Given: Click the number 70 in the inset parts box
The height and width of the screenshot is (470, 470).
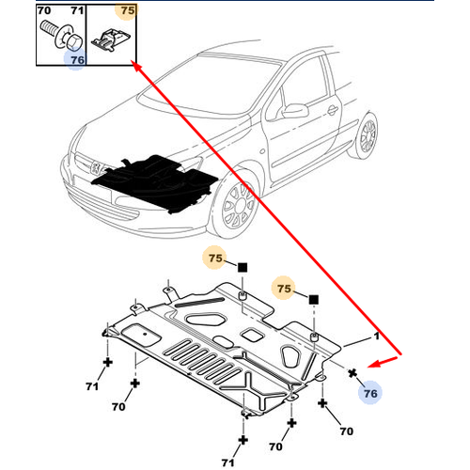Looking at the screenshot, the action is click(44, 10).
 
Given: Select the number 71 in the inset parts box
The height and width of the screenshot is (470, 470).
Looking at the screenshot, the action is click(77, 10).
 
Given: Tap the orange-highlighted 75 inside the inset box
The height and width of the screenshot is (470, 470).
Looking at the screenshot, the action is click(128, 10).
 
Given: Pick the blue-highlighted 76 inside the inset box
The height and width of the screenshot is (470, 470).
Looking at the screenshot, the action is click(78, 59).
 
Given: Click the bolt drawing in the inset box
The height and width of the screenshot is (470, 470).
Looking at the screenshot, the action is click(62, 36).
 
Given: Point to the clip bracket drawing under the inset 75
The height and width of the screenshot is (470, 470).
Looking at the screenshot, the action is click(111, 39).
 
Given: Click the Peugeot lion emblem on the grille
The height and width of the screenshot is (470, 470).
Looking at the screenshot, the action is click(96, 168).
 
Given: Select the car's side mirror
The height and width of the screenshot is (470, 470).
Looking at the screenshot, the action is click(294, 110).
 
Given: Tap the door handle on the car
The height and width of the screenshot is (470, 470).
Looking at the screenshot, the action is click(332, 110).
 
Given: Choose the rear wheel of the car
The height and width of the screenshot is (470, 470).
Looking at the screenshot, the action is click(367, 135).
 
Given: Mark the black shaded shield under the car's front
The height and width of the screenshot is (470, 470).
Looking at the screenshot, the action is click(156, 182).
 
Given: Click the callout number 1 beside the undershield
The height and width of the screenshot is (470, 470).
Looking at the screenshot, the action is click(376, 337).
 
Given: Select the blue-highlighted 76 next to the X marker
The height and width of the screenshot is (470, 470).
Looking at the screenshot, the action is click(370, 393).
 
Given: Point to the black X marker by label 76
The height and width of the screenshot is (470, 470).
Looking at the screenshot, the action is click(352, 373).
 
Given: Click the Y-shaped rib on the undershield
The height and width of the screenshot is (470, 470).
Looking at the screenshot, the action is click(248, 389).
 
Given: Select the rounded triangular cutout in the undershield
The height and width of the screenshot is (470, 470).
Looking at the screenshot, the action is click(290, 356).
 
